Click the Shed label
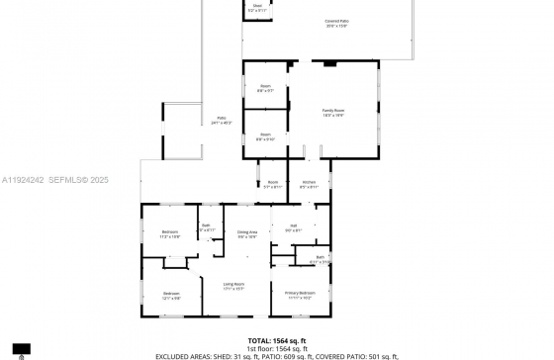256,7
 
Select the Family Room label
332,112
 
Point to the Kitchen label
308,184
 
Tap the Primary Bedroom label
300,295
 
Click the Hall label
293,228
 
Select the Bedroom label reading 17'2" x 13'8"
170,234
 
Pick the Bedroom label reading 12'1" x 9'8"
171,295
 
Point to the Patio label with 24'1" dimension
222,121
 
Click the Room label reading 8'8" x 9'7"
265,88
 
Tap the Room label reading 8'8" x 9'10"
265,136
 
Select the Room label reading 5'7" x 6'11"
272,184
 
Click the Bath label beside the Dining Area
206,227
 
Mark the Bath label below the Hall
321,259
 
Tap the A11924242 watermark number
24,180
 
